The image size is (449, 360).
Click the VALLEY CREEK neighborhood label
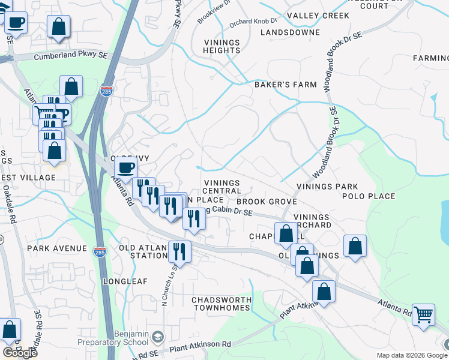point(318,15)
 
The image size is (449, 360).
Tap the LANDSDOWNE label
point(290,32)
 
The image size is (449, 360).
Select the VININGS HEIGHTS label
point(221,47)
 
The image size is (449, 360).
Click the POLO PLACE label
point(369,196)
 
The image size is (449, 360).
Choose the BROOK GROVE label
point(267,203)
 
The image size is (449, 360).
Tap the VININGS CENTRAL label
point(221,187)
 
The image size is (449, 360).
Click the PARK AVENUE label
point(57,248)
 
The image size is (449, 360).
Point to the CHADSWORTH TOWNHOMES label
point(220,304)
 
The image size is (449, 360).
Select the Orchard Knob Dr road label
point(252,22)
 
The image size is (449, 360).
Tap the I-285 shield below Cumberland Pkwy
point(106,91)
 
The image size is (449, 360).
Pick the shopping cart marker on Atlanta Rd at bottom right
point(424,314)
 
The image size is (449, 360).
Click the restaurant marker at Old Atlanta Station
point(179,250)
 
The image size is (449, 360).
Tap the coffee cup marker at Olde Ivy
point(126,168)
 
